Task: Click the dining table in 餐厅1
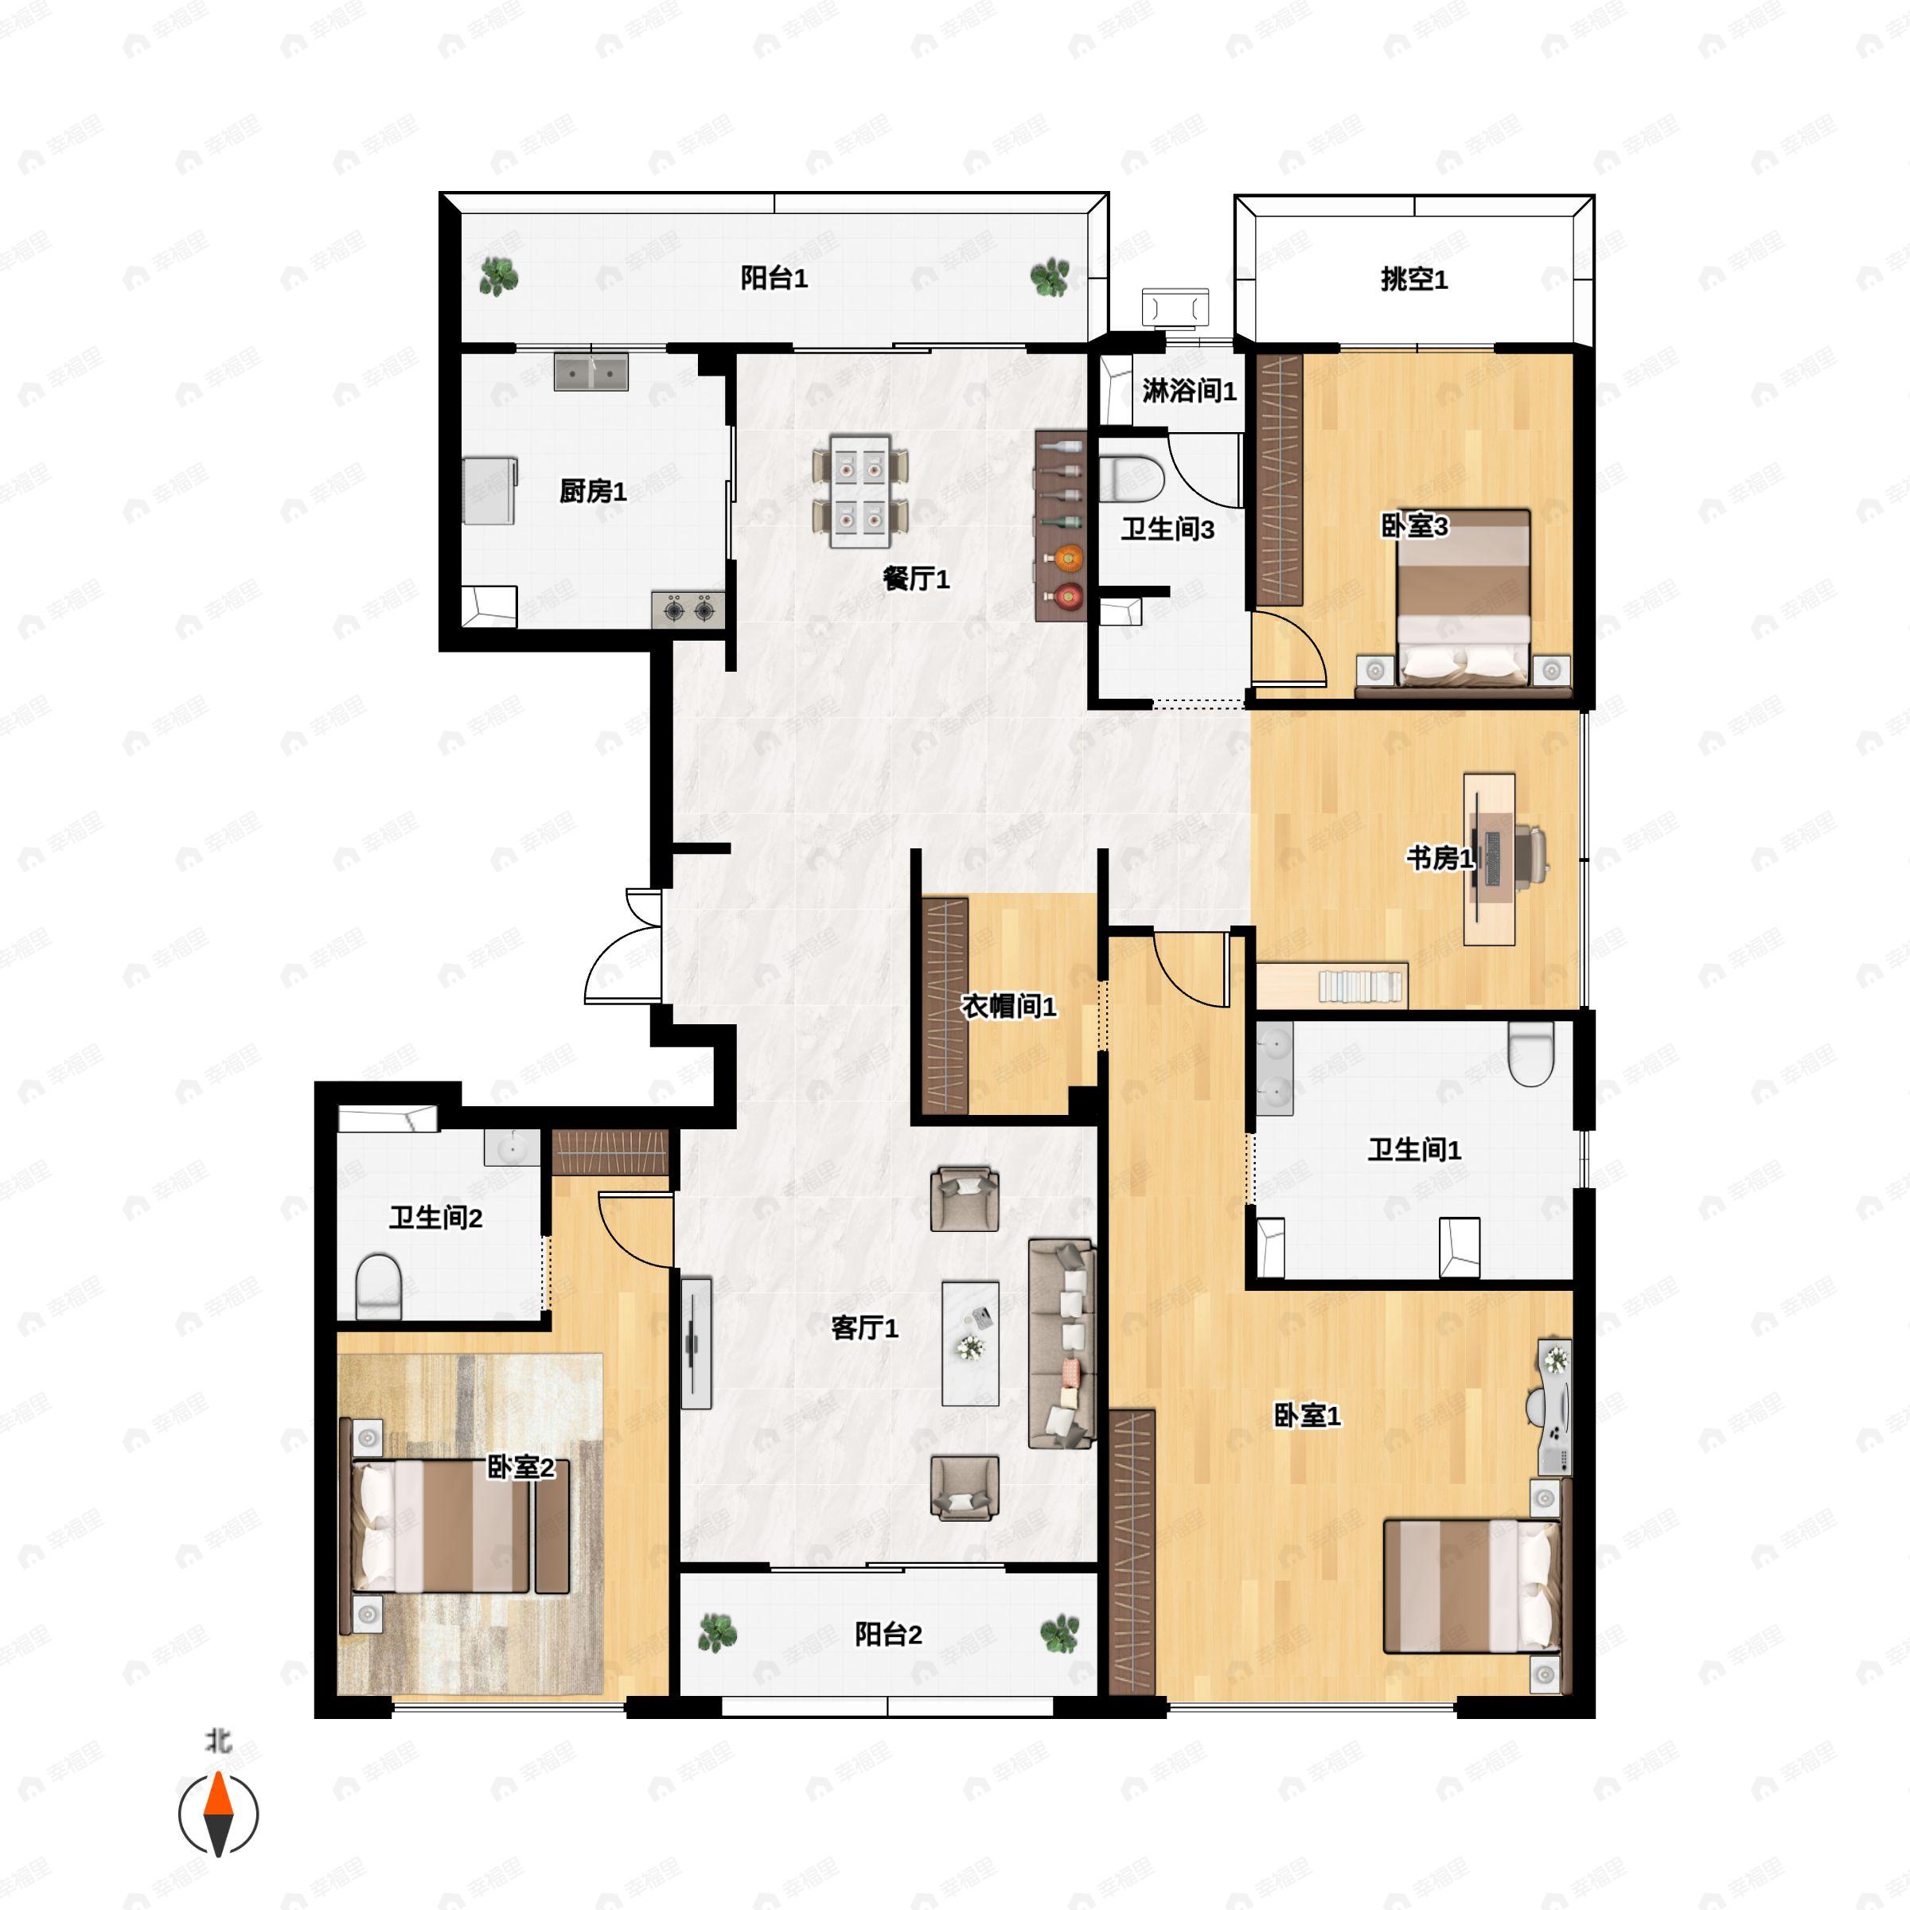(860, 491)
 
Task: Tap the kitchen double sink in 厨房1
(591, 372)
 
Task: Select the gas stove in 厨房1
(688, 609)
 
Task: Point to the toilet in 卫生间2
(378, 1287)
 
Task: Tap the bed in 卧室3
(1464, 597)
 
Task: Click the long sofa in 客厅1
(1062, 1343)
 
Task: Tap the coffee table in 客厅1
(970, 1343)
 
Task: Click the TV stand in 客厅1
(696, 1343)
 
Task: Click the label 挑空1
(1413, 280)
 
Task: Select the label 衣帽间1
(1008, 1007)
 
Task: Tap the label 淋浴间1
(1189, 392)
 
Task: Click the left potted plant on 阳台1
(498, 277)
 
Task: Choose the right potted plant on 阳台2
(1060, 1634)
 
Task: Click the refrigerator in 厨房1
(490, 489)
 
